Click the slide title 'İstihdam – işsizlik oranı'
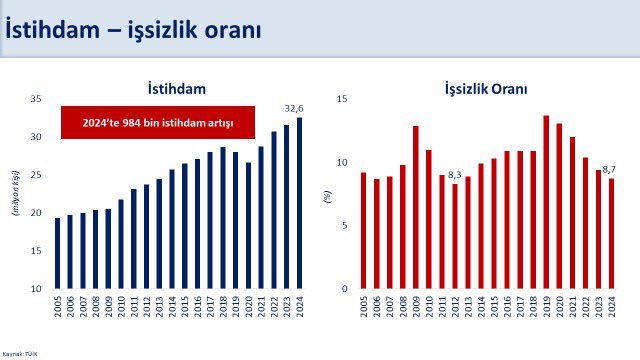pyautogui.click(x=134, y=30)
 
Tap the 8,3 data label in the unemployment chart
pyautogui.click(x=454, y=175)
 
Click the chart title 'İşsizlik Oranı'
pyautogui.click(x=486, y=89)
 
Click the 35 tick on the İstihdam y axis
pyautogui.click(x=35, y=99)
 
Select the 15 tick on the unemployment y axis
pyautogui.click(x=342, y=99)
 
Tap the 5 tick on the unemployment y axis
pyautogui.click(x=345, y=226)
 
